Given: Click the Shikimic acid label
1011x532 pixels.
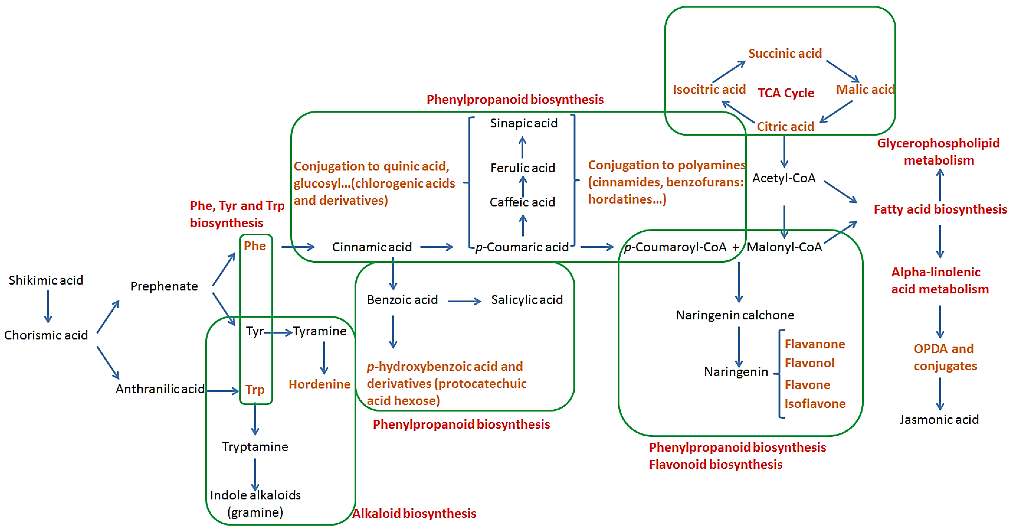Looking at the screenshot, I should pyautogui.click(x=46, y=280).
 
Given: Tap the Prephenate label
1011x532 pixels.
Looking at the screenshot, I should pyautogui.click(x=164, y=286).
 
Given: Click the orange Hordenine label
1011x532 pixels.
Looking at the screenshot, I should pyautogui.click(x=319, y=384).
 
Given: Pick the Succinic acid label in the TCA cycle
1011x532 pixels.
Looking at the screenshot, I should pyautogui.click(x=785, y=53).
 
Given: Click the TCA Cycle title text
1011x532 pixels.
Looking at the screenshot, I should pyautogui.click(x=786, y=93).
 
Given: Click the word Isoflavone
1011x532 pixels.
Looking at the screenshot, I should pyautogui.click(x=815, y=404).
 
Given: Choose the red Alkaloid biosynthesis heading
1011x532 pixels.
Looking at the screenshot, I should pyautogui.click(x=414, y=514).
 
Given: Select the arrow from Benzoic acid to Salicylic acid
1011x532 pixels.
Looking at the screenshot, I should pyautogui.click(x=464, y=301).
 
